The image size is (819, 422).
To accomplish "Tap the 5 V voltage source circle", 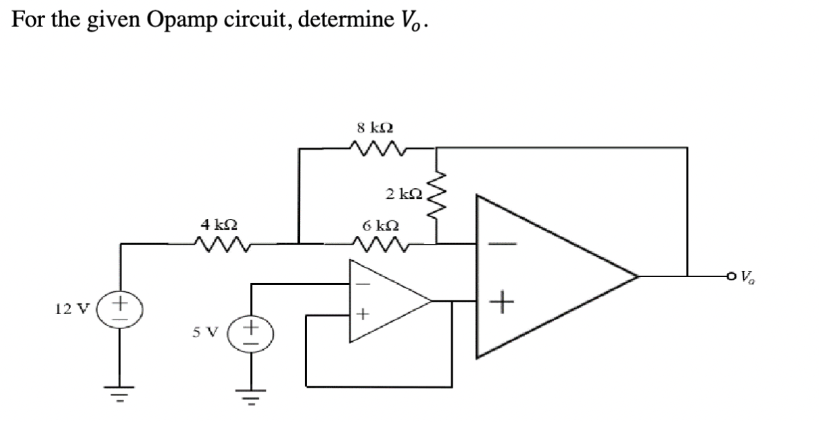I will [x=251, y=333].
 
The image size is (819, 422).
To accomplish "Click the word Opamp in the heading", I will [x=177, y=21].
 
